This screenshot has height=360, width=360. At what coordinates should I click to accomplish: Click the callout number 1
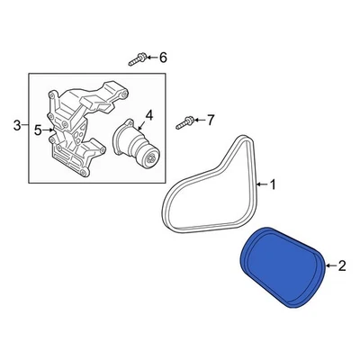pos(274,185)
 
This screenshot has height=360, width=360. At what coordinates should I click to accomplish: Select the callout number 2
pos(342,265)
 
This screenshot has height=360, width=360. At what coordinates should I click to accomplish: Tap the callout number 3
pos(15,124)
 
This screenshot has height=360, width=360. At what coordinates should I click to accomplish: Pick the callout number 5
pos(38,130)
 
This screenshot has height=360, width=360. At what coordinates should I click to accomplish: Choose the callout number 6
pos(163,58)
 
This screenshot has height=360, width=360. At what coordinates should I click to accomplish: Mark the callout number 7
pos(211,120)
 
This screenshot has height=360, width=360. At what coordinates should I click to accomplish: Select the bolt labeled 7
pos(184,120)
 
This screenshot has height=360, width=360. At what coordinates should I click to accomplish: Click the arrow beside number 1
pos(263,185)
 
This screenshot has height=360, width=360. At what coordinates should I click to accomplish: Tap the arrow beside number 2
pos(329,265)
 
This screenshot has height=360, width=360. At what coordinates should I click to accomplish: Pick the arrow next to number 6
pos(151,58)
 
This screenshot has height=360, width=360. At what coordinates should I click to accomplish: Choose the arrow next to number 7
pos(199,120)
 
